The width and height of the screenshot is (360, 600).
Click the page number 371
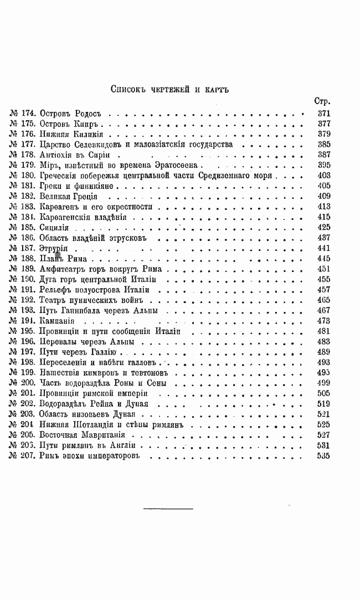(x=323, y=113)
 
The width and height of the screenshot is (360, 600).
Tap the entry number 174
(x=28, y=113)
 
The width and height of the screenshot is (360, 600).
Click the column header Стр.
(x=322, y=101)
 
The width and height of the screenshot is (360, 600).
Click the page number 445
(x=323, y=258)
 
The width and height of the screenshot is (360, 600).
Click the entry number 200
(x=28, y=383)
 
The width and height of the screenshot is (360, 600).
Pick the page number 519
(x=323, y=404)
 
